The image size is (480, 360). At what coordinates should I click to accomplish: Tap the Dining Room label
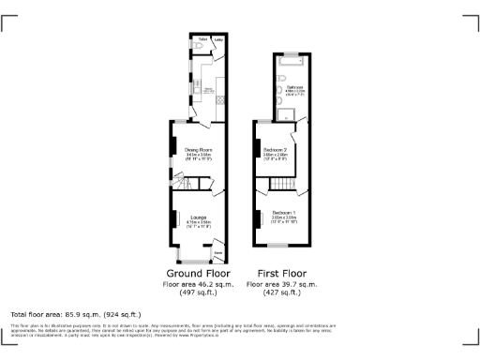(x=198, y=149)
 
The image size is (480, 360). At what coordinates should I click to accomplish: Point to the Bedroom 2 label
(x=275, y=149)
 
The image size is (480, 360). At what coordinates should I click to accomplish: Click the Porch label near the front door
(x=217, y=252)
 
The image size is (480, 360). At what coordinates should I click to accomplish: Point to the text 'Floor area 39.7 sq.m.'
(x=281, y=283)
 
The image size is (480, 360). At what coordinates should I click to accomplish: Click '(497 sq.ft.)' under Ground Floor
(x=199, y=292)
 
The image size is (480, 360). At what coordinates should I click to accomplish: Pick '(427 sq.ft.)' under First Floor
(x=281, y=292)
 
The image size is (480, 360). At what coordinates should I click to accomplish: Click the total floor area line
(x=75, y=313)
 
